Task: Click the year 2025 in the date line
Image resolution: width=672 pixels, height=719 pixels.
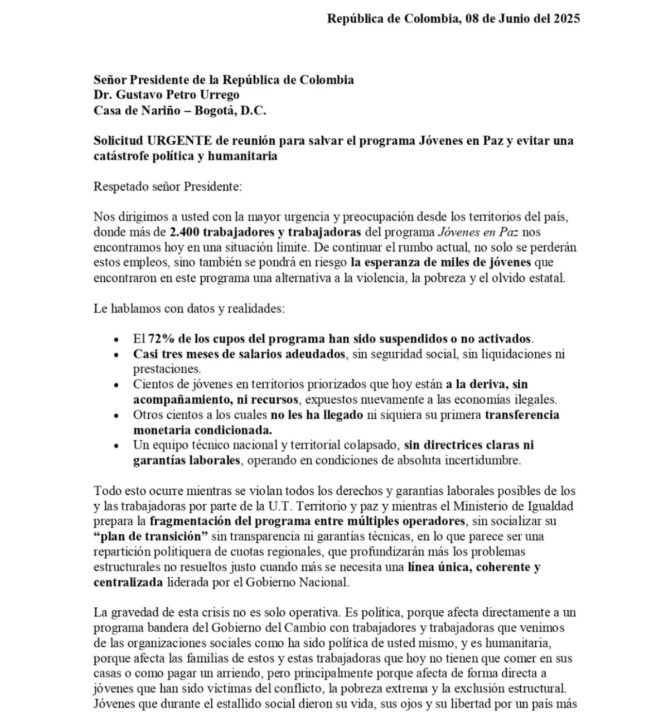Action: click(566, 18)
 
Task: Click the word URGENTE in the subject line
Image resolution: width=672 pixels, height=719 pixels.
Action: click(180, 141)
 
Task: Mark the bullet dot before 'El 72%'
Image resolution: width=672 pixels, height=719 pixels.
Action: click(117, 340)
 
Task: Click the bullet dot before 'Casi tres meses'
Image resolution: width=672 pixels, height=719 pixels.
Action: click(117, 355)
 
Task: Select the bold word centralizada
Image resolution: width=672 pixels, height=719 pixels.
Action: click(128, 582)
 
